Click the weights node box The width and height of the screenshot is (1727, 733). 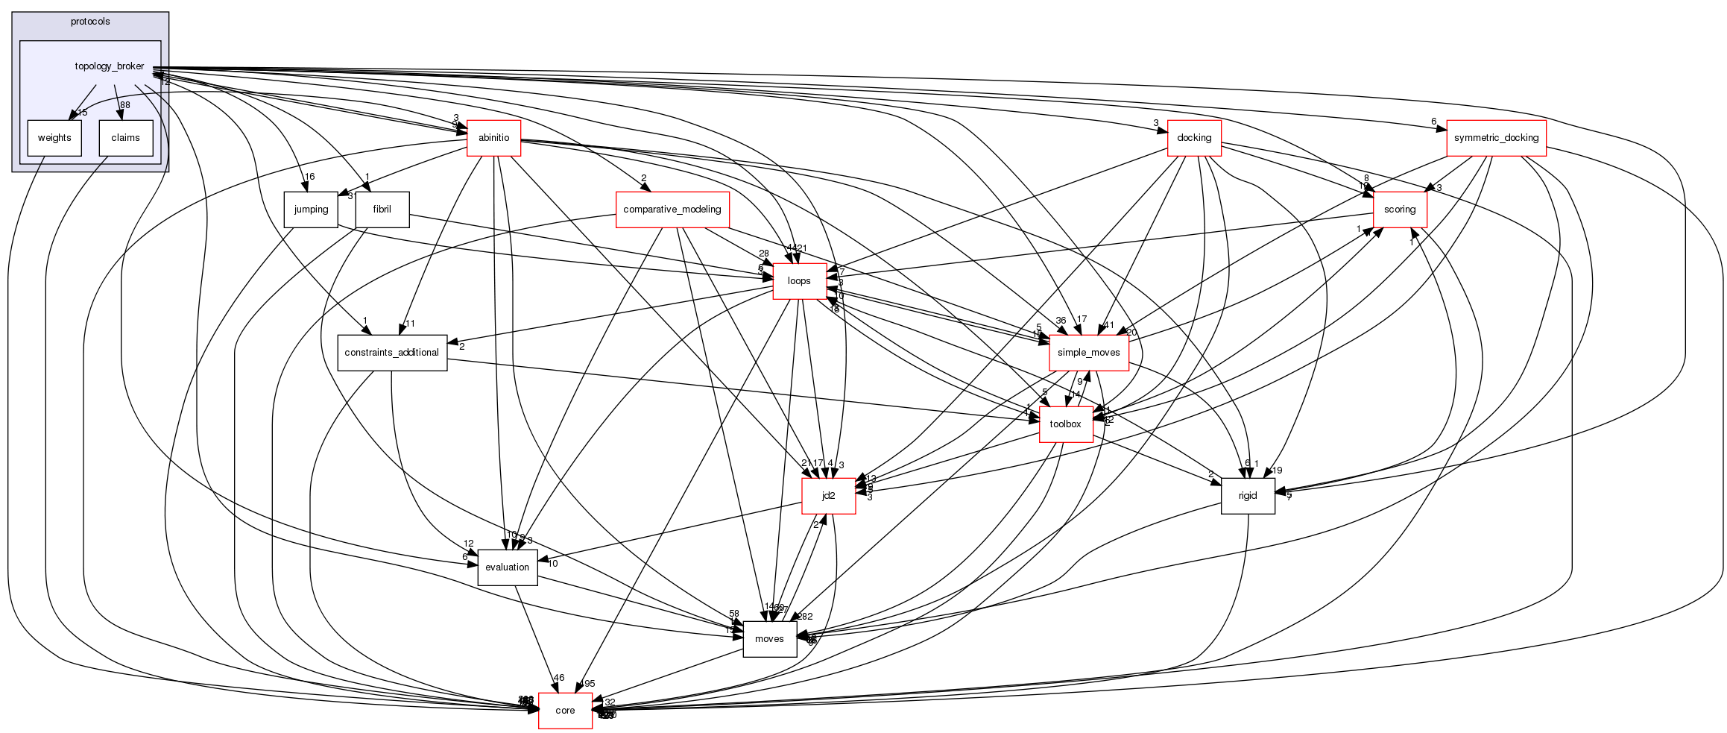point(54,138)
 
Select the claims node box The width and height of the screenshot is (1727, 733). point(125,138)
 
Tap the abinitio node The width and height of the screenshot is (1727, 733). point(493,138)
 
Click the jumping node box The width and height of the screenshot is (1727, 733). point(311,210)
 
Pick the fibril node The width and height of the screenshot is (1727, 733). point(382,210)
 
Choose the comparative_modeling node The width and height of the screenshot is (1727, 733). point(672,210)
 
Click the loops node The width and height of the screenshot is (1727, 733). point(799,281)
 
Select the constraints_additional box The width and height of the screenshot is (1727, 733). point(393,353)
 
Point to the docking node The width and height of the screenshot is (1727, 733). point(1194,138)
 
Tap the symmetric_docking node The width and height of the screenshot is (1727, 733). point(1496,138)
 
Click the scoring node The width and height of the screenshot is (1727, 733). point(1399,210)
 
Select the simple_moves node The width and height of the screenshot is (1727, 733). point(1088,353)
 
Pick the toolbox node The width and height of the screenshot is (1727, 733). point(1065,424)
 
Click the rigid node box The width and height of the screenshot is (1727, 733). point(1248,496)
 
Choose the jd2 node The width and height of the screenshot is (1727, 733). point(828,496)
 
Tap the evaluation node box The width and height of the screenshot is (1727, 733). point(507,567)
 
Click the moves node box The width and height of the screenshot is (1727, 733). point(769,639)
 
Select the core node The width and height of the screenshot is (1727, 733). point(565,711)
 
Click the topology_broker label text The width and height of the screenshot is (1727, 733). point(110,66)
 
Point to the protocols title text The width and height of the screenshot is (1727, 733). point(90,22)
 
